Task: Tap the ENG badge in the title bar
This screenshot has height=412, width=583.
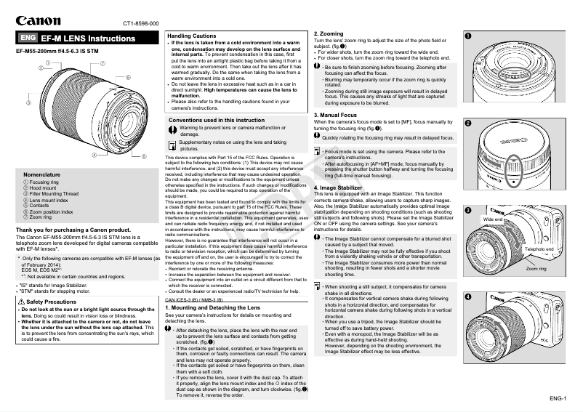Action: (28, 38)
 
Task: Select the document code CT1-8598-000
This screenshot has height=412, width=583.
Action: (140, 24)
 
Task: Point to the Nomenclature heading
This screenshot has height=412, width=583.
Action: (42, 175)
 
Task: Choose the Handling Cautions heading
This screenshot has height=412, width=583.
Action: (191, 36)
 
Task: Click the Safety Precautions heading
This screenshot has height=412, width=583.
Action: (52, 301)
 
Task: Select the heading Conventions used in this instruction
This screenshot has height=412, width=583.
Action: (217, 120)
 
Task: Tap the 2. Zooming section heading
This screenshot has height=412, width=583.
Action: (329, 34)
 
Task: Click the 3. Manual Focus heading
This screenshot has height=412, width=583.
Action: (336, 115)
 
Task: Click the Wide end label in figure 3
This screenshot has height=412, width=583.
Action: (493, 219)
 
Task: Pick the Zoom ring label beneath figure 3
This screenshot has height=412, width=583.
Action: (536, 269)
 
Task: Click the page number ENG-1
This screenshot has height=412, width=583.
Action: (559, 399)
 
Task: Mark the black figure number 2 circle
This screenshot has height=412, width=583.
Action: (469, 123)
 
